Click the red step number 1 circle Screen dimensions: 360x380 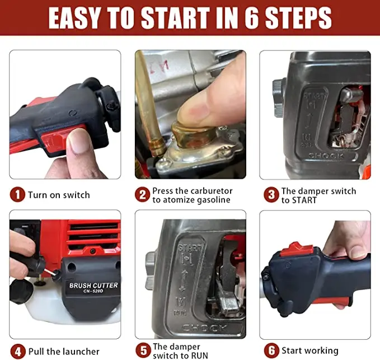click(18, 195)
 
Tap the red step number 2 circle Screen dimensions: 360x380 click(143, 195)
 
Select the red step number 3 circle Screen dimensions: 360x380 click(271, 195)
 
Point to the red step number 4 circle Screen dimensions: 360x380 click(18, 351)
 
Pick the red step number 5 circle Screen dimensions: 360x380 click(143, 351)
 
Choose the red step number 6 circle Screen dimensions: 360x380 click(271, 351)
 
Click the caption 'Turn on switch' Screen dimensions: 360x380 click(59, 195)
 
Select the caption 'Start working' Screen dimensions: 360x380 click(309, 351)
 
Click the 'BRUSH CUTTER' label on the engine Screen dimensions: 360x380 click(93, 286)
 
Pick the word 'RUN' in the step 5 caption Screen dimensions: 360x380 click(198, 355)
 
